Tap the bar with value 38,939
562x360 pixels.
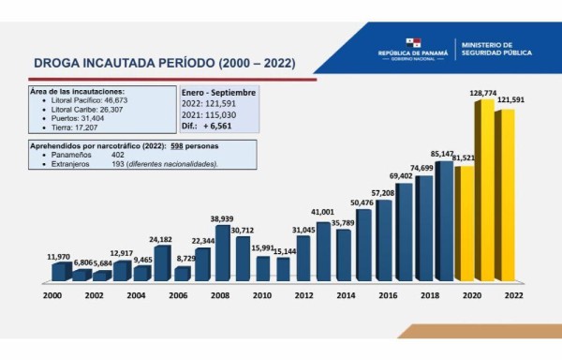(x=223, y=253)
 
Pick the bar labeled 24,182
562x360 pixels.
(x=161, y=262)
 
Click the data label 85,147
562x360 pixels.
(x=442, y=154)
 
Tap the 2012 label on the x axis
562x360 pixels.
(x=302, y=295)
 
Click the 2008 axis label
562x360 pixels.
(x=221, y=295)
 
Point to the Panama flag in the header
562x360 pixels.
(x=413, y=43)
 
